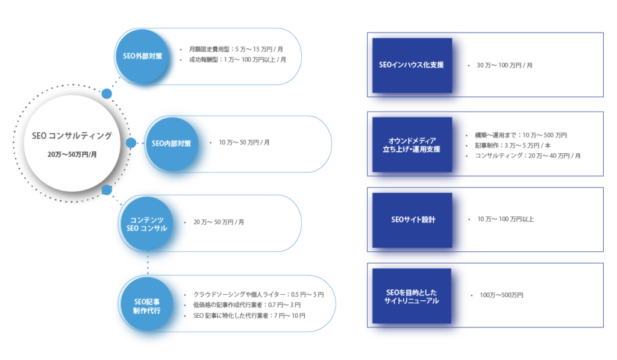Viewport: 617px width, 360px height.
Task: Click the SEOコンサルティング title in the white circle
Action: coord(72,136)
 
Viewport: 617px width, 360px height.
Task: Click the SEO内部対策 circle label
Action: coord(171,144)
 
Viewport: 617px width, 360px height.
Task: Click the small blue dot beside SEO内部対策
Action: coord(131,143)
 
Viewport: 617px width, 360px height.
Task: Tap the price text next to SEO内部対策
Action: coord(244,143)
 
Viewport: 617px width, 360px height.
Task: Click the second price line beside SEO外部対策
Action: coord(237,60)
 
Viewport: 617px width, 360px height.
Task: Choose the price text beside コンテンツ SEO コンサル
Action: coord(218,222)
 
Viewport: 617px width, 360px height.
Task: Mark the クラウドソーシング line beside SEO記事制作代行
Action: coord(258,295)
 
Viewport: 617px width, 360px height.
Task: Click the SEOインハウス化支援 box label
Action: coord(412,65)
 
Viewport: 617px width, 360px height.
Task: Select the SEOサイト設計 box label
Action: coord(412,219)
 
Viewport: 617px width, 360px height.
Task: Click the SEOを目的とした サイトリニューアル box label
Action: coord(412,296)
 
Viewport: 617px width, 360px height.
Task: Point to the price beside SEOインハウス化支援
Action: coord(504,65)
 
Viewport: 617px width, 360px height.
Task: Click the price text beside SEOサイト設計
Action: coord(506,219)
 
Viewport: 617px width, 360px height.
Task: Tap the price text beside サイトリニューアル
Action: coord(501,295)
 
